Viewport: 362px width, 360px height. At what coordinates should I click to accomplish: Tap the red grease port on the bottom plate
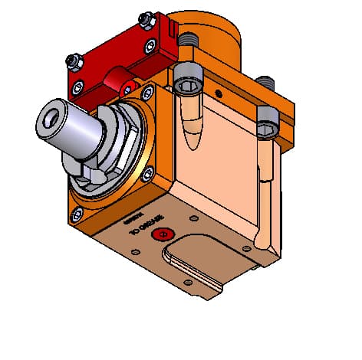point(160,235)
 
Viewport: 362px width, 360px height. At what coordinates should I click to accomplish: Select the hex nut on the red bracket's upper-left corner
point(72,60)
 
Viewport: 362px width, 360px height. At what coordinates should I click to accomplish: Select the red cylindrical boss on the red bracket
point(119,77)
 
